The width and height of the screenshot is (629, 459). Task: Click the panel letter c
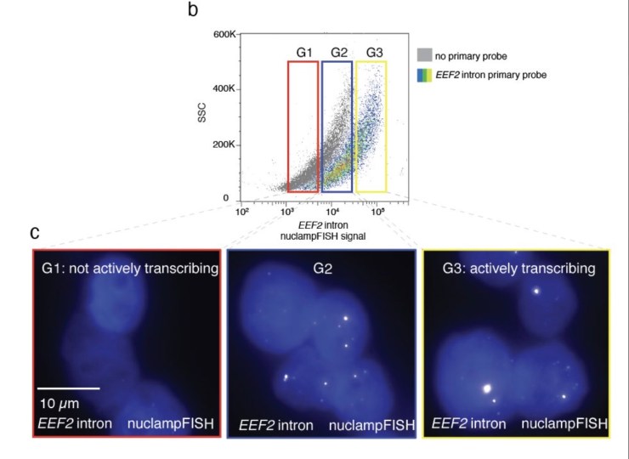point(35,231)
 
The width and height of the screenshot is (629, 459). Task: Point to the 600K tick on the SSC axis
point(224,34)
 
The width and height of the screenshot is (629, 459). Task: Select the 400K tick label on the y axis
point(224,89)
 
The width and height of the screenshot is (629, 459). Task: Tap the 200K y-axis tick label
point(224,144)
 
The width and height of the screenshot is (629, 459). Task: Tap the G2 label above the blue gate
point(339,53)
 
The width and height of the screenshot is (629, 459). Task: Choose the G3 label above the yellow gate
point(374,53)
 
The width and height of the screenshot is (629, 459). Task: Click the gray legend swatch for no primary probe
point(424,56)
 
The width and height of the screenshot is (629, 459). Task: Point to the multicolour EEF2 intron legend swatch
point(424,75)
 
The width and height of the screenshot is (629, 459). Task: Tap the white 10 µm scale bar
point(69,388)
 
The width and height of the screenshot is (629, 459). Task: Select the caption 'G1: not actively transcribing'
point(126,270)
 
